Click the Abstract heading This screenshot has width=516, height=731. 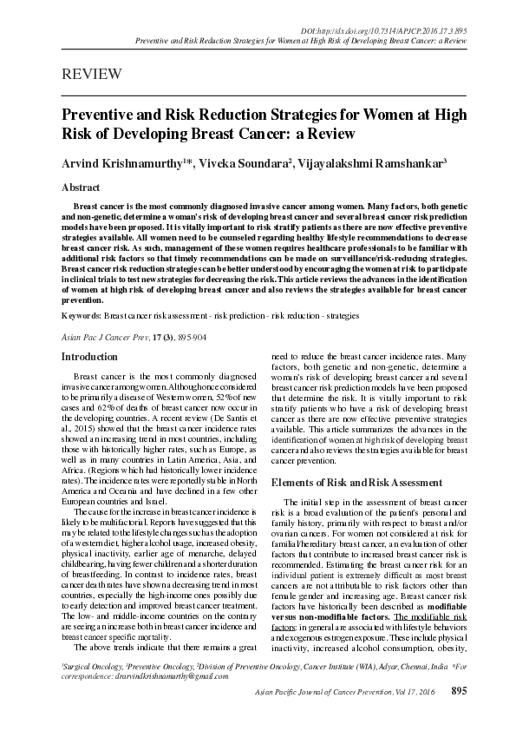click(x=81, y=188)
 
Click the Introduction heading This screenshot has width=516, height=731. click(x=89, y=357)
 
